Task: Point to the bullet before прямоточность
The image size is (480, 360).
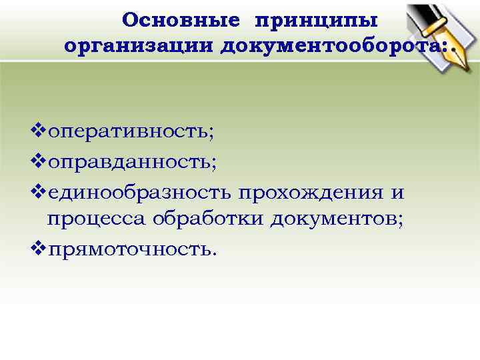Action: [x=39, y=249]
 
